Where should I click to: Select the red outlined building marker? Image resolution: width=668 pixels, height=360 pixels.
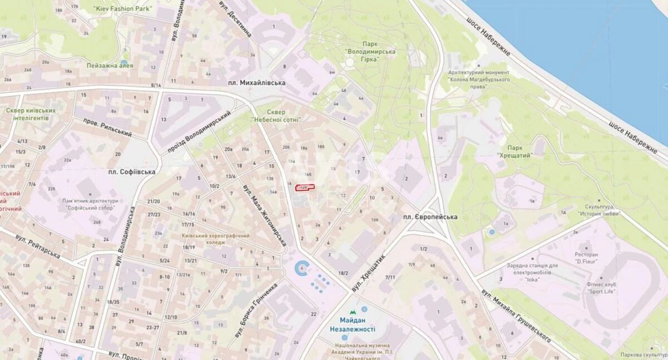pyautogui.click(x=304, y=188)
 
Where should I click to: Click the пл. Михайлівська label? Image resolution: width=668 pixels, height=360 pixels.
pyautogui.click(x=257, y=82)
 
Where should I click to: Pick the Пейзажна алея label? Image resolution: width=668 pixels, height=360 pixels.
pyautogui.click(x=110, y=65)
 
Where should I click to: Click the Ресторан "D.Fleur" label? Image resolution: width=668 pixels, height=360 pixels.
pyautogui.click(x=590, y=258)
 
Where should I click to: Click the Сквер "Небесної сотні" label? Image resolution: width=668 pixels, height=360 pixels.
pyautogui.click(x=276, y=116)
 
